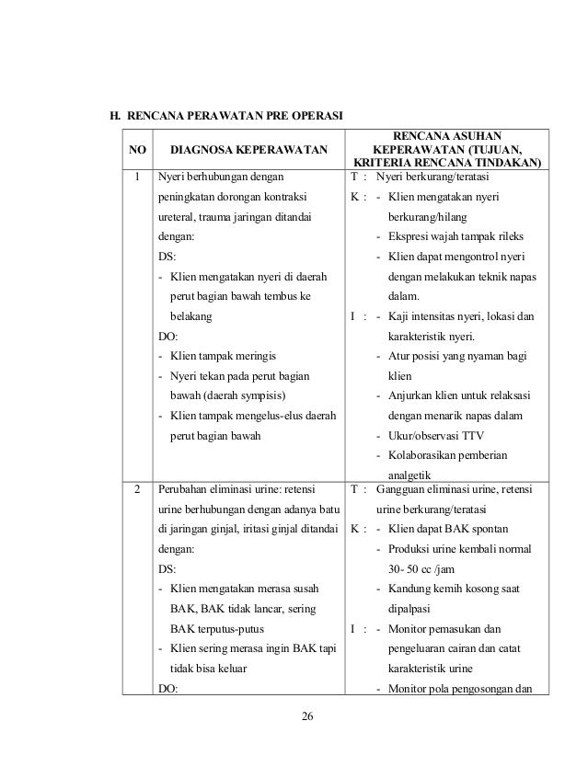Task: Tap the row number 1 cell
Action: point(137,175)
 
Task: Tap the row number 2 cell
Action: point(137,490)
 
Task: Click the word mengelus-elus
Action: point(264,415)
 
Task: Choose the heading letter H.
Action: point(114,117)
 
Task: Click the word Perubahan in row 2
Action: point(187,490)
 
